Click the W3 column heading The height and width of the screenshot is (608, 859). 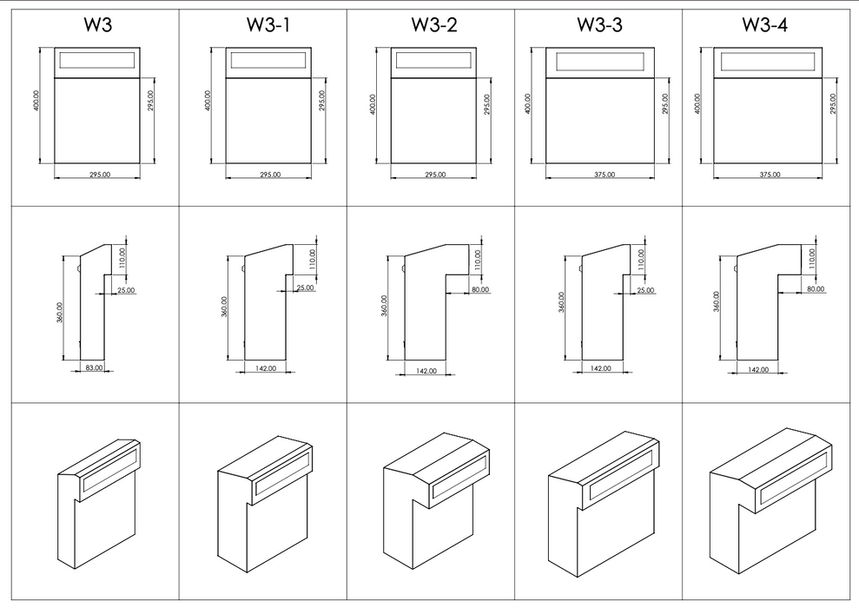pos(97,25)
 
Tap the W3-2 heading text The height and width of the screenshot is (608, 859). pos(433,25)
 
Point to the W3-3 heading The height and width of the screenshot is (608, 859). pos(599,25)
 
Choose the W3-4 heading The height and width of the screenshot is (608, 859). pos(765,25)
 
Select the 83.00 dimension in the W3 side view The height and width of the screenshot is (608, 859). pos(94,367)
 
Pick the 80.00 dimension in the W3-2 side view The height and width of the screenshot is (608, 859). pos(480,290)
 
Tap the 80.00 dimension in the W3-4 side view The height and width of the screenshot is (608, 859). pos(816,288)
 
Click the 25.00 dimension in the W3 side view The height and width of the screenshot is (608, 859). pos(126,290)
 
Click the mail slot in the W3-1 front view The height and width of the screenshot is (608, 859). pos(268,60)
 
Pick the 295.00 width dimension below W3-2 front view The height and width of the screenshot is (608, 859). pos(435,175)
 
